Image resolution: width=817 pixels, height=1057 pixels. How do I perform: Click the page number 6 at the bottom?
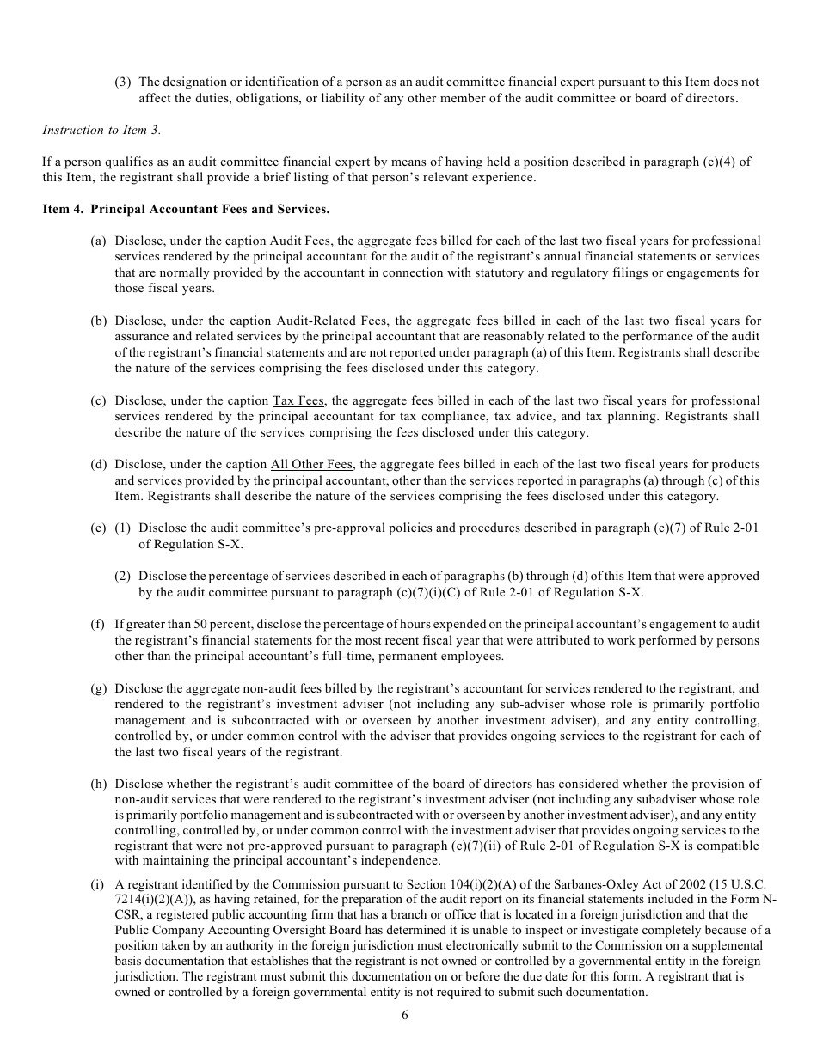(x=404, y=1015)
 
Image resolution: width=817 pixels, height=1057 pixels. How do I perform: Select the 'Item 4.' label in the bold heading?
(x=62, y=209)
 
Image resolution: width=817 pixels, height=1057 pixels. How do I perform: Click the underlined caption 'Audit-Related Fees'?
(x=331, y=321)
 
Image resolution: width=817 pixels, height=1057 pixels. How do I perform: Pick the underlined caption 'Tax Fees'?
(x=298, y=401)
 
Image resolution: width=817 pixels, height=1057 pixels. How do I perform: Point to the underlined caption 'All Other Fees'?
(x=310, y=465)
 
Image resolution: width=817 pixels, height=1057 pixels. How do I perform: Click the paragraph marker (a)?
(x=98, y=241)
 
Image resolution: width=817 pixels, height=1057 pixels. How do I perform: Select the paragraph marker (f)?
(x=97, y=625)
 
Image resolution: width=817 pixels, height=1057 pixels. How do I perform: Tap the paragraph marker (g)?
(x=98, y=689)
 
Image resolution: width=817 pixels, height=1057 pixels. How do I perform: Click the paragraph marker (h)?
(x=98, y=785)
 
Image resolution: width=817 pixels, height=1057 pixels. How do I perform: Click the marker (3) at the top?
(x=123, y=82)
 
